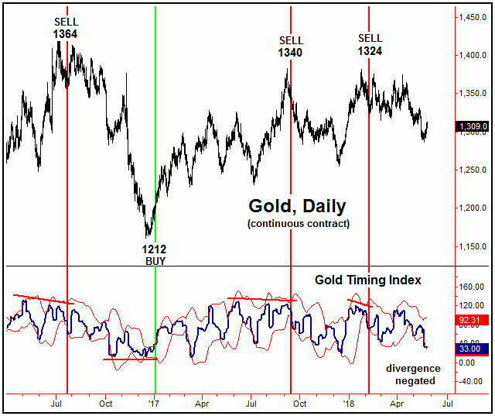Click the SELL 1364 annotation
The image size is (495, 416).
click(x=66, y=28)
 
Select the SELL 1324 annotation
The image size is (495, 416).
click(x=370, y=44)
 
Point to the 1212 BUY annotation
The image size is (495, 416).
click(x=153, y=256)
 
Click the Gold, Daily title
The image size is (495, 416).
click(x=297, y=207)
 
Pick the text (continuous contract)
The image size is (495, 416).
click(x=298, y=224)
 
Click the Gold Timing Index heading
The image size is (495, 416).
click(x=367, y=280)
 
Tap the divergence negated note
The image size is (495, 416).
click(x=413, y=374)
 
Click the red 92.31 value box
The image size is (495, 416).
click(x=473, y=318)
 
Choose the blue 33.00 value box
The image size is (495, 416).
click(x=473, y=349)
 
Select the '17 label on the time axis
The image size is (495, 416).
click(x=154, y=404)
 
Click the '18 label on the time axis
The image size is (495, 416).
click(x=348, y=404)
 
